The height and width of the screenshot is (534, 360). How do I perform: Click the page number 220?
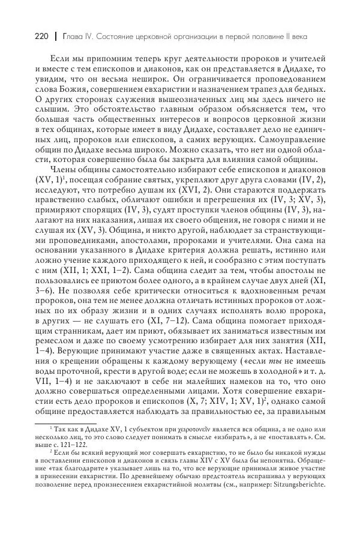21,36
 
